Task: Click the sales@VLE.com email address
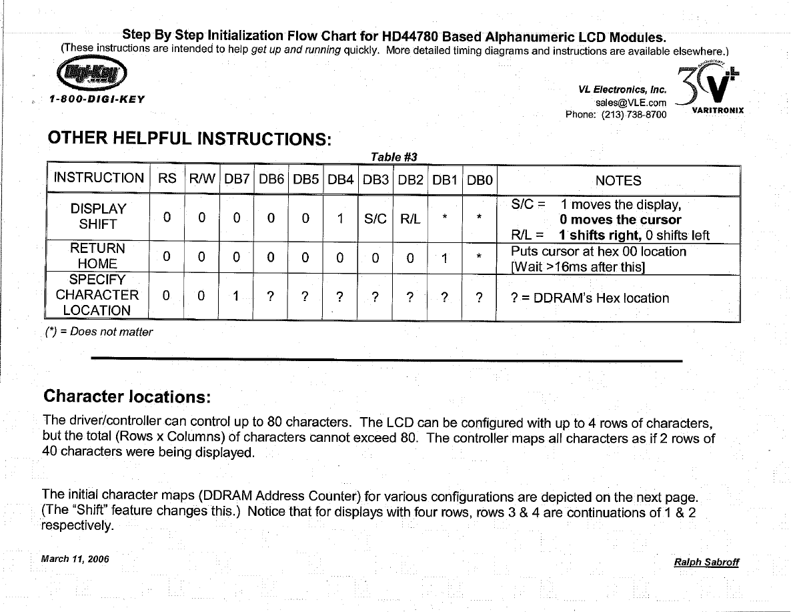[630, 103]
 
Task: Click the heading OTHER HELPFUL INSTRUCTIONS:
[189, 139]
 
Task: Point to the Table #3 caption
[393, 157]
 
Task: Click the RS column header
[167, 178]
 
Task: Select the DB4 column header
[340, 179]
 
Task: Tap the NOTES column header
[618, 180]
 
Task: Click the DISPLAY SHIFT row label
[98, 217]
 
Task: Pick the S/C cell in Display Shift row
[375, 218]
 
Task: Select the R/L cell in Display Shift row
[410, 218]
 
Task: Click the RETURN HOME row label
[98, 256]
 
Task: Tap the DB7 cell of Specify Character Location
[236, 298]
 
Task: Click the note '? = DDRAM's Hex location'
[590, 298]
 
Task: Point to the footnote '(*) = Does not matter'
[98, 332]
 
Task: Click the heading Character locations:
[127, 396]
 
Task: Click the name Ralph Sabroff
[706, 562]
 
